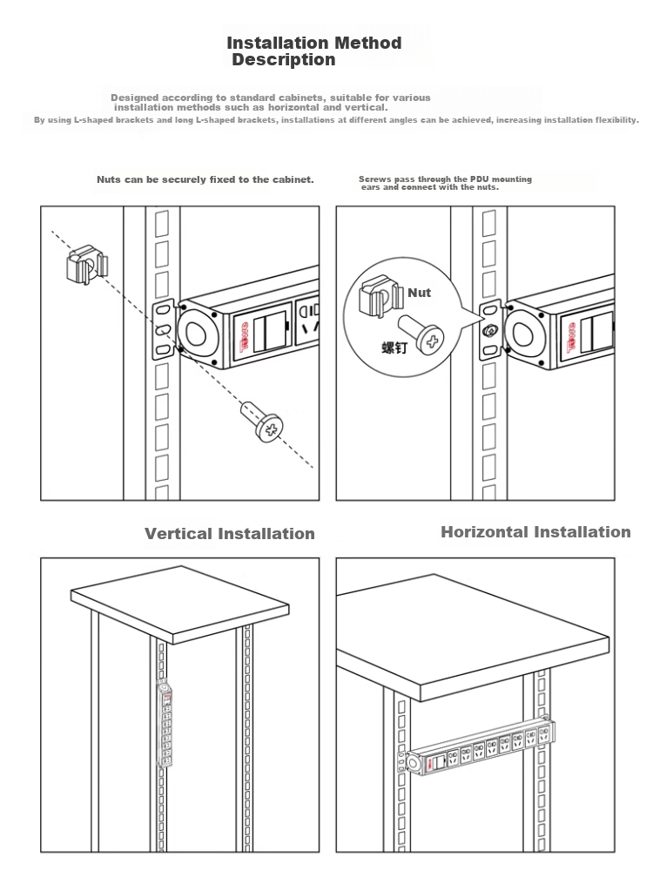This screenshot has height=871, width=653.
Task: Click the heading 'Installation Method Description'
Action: [313, 51]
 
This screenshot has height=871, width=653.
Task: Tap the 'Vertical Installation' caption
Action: [229, 534]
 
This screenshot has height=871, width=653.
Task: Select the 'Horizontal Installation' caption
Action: [535, 532]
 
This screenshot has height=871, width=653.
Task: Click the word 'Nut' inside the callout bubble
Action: [420, 293]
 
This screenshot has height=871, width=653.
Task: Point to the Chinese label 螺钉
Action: [394, 348]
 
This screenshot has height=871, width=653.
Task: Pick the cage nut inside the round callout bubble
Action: [380, 297]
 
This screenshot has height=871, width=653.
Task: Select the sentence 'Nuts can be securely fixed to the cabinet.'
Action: [205, 179]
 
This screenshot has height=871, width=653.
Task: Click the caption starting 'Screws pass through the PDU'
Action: [445, 183]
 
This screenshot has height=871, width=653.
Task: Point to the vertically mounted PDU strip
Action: [165, 724]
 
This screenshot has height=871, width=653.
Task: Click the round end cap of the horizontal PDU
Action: [414, 763]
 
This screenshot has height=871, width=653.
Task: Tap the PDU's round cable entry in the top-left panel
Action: [195, 334]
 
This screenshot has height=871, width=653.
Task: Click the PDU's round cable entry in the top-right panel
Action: [522, 334]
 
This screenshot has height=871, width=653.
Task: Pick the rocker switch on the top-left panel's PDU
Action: [271, 332]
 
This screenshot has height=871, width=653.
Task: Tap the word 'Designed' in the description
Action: [134, 98]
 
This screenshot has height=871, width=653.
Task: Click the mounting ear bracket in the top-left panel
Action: [164, 330]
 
